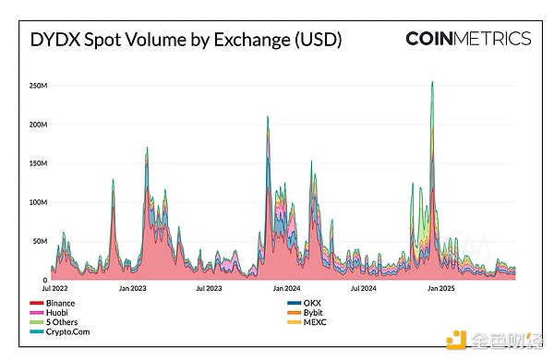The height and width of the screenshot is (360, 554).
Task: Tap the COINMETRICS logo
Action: click(468, 39)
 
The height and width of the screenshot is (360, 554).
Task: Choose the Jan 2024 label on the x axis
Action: click(286, 289)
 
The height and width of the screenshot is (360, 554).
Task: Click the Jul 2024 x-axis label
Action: click(363, 289)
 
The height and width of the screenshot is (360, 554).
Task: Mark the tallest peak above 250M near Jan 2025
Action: click(432, 83)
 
